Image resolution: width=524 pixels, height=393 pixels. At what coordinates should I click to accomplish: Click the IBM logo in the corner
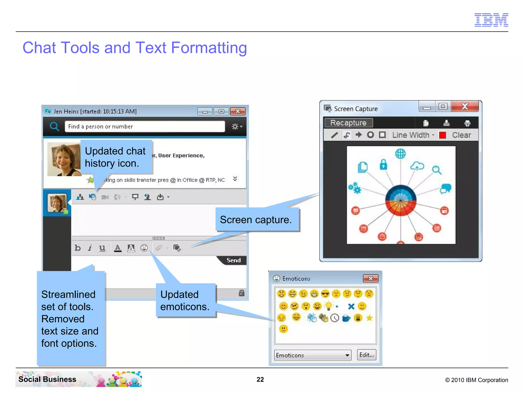491,20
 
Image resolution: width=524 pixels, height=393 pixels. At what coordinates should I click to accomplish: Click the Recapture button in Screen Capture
348,123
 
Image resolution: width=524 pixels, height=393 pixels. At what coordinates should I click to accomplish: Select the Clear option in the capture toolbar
461,135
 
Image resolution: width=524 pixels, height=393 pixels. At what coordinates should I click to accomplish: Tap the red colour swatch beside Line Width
442,135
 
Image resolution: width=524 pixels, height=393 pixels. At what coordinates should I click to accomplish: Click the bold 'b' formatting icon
78,248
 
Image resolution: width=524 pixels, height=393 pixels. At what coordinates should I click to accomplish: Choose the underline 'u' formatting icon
102,248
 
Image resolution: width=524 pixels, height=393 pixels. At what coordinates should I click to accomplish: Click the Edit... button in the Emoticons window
366,355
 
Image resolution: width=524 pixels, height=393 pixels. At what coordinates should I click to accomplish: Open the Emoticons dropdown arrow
347,355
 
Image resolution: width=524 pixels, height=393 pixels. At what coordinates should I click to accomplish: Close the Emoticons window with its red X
370,278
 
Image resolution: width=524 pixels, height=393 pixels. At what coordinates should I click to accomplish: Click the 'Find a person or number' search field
145,126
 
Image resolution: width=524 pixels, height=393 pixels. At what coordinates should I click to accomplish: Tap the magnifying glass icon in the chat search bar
54,126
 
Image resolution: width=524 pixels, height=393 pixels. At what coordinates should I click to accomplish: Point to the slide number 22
260,379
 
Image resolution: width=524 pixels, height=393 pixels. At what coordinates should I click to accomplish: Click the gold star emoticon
369,318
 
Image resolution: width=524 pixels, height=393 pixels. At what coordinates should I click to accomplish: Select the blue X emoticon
351,306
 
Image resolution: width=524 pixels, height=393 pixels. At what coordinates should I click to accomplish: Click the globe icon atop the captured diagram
400,154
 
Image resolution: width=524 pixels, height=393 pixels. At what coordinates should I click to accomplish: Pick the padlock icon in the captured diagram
383,165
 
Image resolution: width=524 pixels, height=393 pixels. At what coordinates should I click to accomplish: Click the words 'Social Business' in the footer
47,379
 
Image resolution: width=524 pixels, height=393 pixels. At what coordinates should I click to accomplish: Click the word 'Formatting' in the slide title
209,48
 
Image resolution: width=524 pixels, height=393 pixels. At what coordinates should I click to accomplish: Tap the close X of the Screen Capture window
465,106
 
